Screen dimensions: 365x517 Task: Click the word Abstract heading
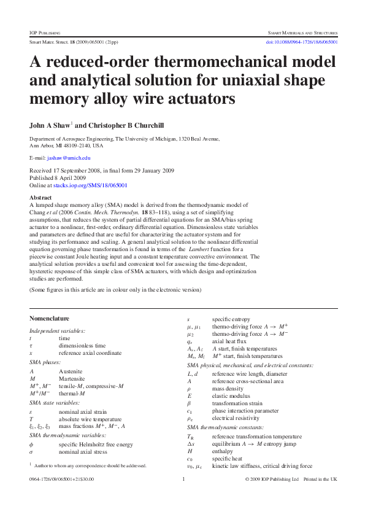pyautogui.click(x=40, y=198)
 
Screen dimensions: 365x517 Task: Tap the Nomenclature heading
pyautogui.click(x=49, y=318)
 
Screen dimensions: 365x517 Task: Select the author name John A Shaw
pyautogui.click(x=50, y=125)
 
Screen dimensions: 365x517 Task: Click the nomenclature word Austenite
pyautogui.click(x=71, y=371)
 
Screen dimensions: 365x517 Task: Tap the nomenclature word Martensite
pyautogui.click(x=72, y=379)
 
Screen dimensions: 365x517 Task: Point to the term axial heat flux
pyautogui.click(x=231, y=341)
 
